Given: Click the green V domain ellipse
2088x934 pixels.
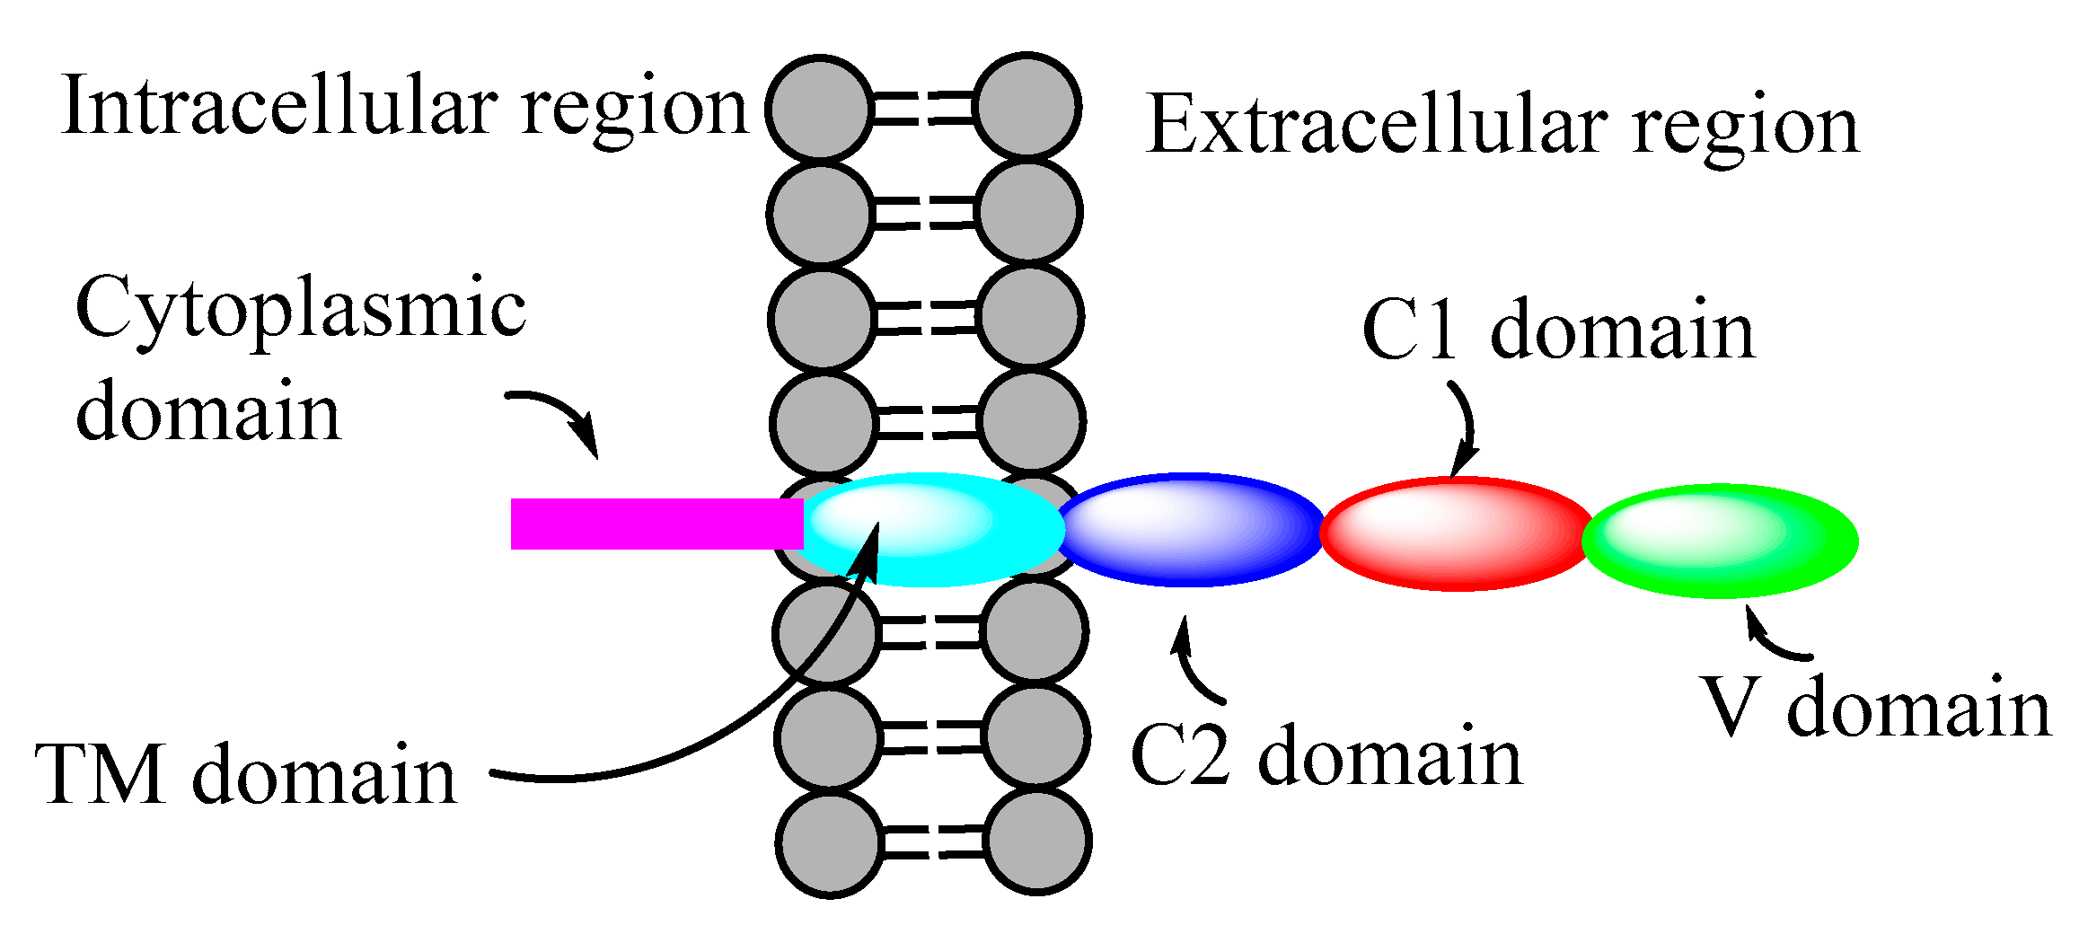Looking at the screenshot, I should tap(1720, 542).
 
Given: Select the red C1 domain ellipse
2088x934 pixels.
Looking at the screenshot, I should tap(1456, 533).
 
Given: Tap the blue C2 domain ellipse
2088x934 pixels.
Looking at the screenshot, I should tap(1190, 530).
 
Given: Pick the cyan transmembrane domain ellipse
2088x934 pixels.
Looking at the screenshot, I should tap(934, 530).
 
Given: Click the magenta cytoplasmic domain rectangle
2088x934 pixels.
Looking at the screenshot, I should tap(656, 524).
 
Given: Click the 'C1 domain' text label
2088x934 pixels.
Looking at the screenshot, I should tap(1558, 330).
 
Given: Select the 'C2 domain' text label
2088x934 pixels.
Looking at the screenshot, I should tap(1326, 756).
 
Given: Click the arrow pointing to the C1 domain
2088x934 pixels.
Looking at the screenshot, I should tap(1465, 427).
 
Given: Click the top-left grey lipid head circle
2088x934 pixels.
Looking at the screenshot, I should tap(819, 109).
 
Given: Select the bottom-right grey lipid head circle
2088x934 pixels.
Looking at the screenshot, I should tap(1038, 841).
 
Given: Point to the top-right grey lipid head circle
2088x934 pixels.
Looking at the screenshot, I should tap(1027, 106).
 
